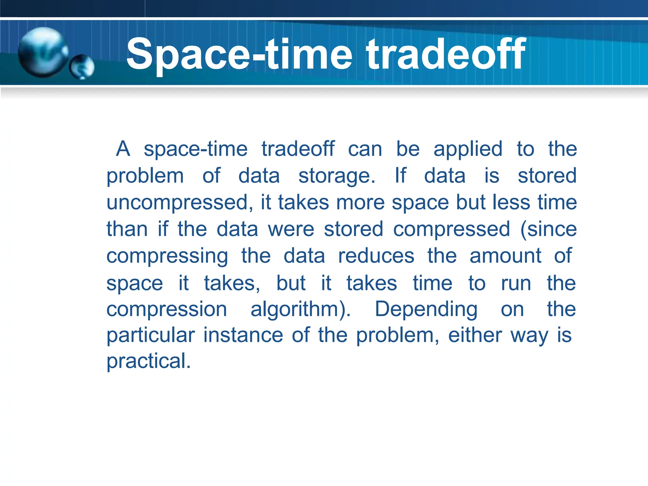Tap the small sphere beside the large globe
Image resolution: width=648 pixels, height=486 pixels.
coord(82,67)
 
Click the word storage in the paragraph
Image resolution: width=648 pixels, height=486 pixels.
coord(337,176)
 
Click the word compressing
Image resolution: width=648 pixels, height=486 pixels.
coord(167,256)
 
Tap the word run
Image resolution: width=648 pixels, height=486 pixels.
coord(516,283)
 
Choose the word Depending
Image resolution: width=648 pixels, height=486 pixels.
coord(426,309)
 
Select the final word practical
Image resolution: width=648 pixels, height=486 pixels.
coord(148,361)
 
